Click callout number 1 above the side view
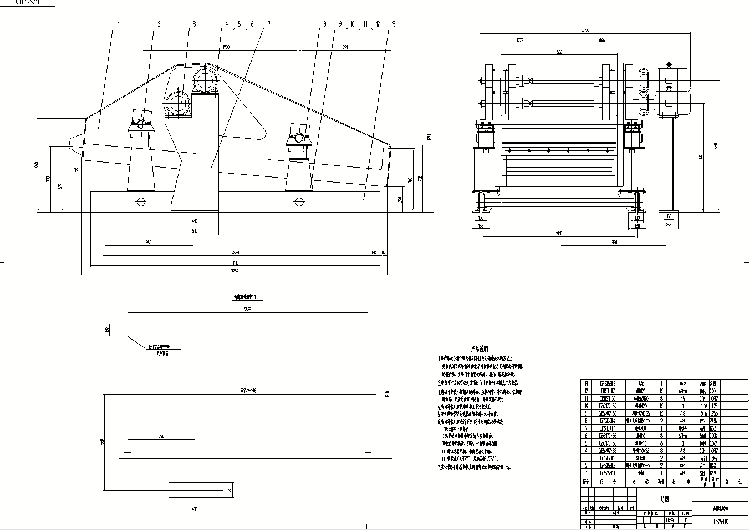click(x=119, y=24)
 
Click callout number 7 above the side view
click(x=269, y=24)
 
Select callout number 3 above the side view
click(x=194, y=24)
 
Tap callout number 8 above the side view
click(x=324, y=24)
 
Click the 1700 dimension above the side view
click(x=225, y=46)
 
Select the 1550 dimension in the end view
click(x=559, y=52)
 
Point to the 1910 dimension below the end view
click(x=559, y=234)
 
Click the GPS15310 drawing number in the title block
click(x=720, y=522)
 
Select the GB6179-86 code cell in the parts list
click(x=604, y=406)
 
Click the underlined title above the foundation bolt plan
click(x=247, y=297)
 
